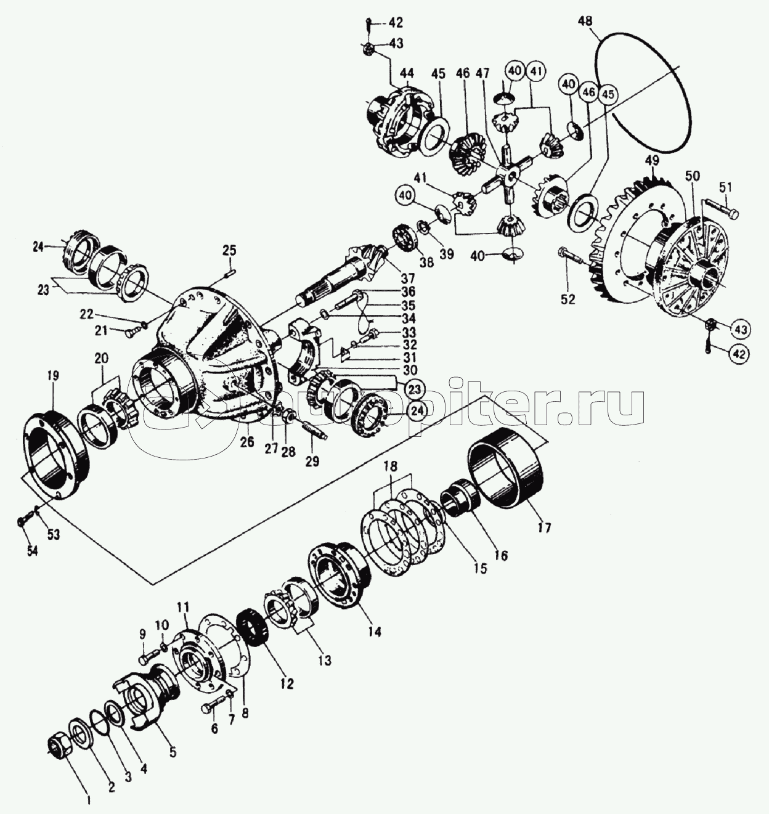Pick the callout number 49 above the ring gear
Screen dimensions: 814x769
point(652,161)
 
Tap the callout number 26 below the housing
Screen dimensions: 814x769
point(247,441)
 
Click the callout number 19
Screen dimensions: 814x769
point(52,375)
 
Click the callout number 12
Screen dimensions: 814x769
point(287,683)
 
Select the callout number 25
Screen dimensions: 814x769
point(229,250)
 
